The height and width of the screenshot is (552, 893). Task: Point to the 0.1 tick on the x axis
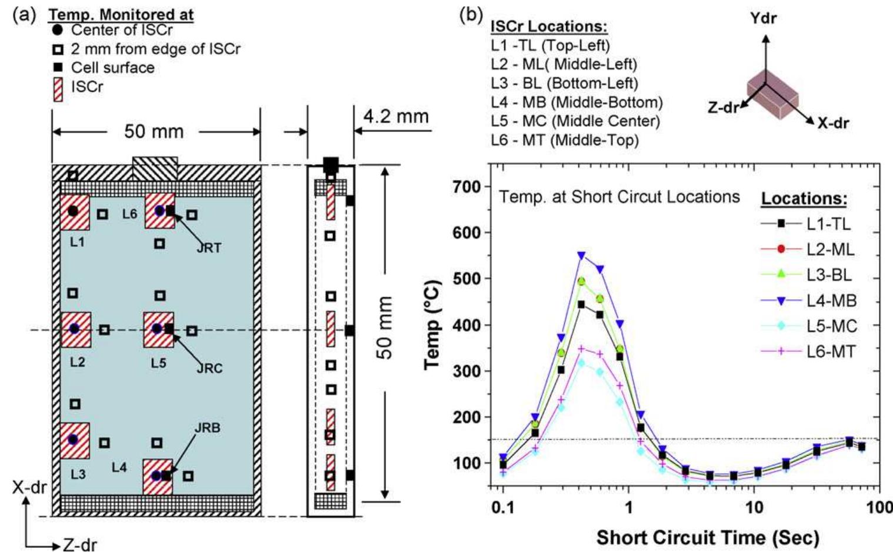click(x=503, y=507)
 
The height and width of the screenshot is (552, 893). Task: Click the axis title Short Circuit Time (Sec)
click(x=707, y=537)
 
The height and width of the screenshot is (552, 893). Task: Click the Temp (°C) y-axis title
click(x=432, y=323)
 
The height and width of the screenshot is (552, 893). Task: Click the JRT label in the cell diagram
click(x=209, y=248)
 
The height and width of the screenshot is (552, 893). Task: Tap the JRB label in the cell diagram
click(x=208, y=428)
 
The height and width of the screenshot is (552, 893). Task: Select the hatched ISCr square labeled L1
click(x=74, y=212)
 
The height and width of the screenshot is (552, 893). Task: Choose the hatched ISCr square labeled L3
click(x=74, y=440)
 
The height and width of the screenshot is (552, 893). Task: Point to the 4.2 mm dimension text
click(x=395, y=116)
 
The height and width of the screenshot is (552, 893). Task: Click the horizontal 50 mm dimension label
click(x=154, y=131)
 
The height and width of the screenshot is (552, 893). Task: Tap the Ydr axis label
click(x=763, y=18)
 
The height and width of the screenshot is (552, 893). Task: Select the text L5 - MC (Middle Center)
click(x=575, y=121)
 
